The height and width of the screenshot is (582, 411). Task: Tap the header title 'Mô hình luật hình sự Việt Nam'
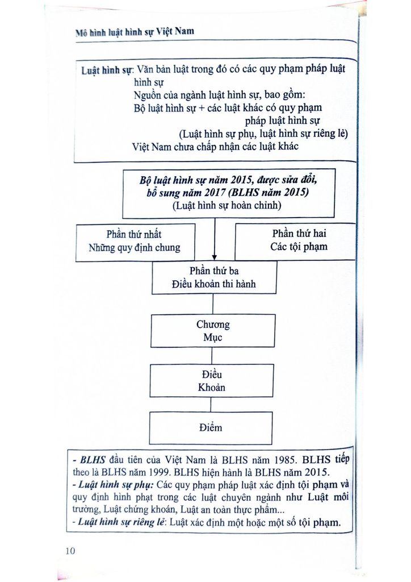click(x=135, y=32)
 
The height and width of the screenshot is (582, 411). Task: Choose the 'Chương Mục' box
click(x=213, y=331)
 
